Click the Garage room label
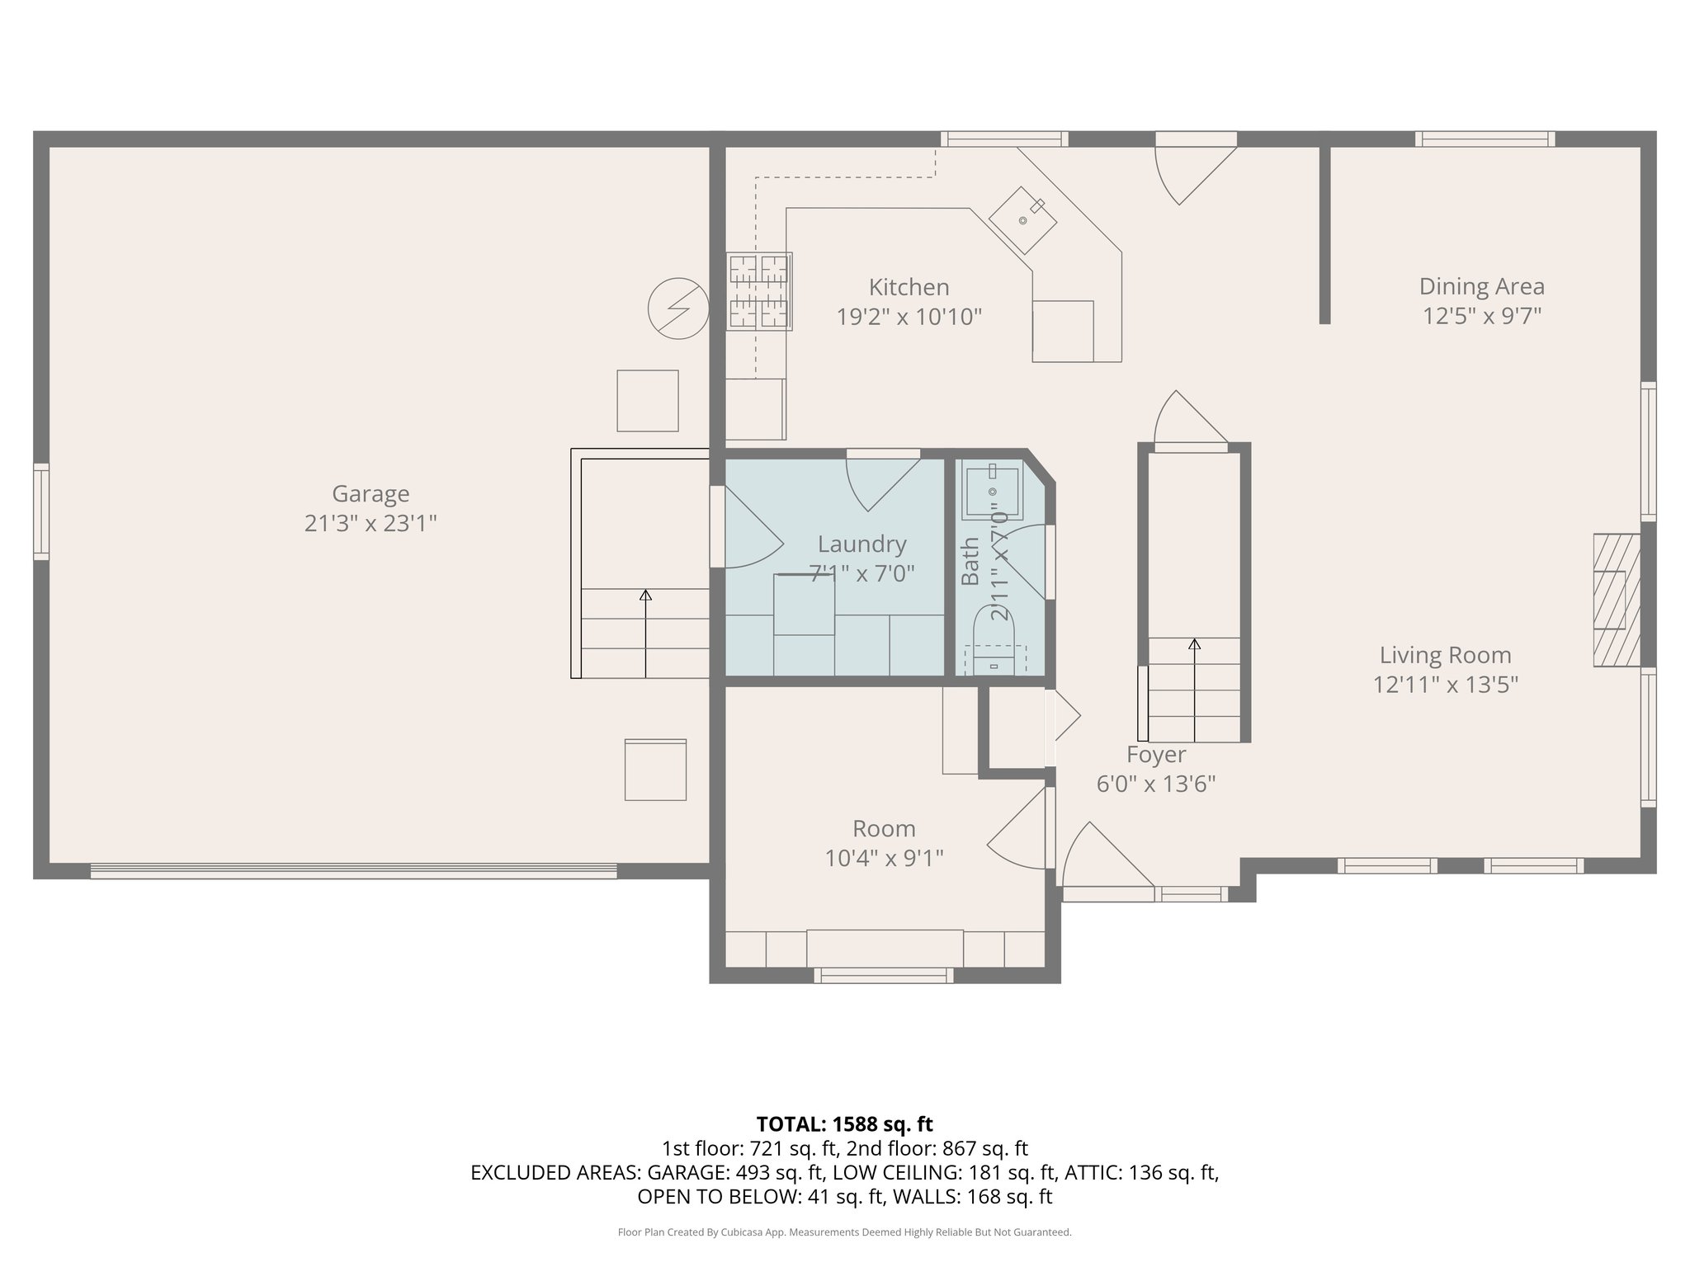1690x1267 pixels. click(x=371, y=493)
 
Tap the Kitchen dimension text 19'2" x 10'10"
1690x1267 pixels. click(x=909, y=317)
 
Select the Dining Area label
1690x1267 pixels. click(x=1481, y=286)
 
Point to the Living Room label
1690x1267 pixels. click(x=1445, y=655)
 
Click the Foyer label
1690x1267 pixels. click(x=1156, y=754)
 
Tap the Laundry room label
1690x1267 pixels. click(x=862, y=544)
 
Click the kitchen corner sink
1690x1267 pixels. click(x=1023, y=219)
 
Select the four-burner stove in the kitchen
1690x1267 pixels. click(x=759, y=291)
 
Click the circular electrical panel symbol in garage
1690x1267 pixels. click(x=677, y=309)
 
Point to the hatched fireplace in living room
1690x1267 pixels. click(x=1615, y=600)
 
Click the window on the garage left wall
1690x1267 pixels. click(x=40, y=511)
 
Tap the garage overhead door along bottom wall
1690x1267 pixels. click(x=353, y=870)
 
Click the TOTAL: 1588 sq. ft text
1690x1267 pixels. click(x=844, y=1123)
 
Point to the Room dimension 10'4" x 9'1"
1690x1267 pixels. click(x=884, y=859)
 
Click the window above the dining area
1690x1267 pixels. click(x=1485, y=139)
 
